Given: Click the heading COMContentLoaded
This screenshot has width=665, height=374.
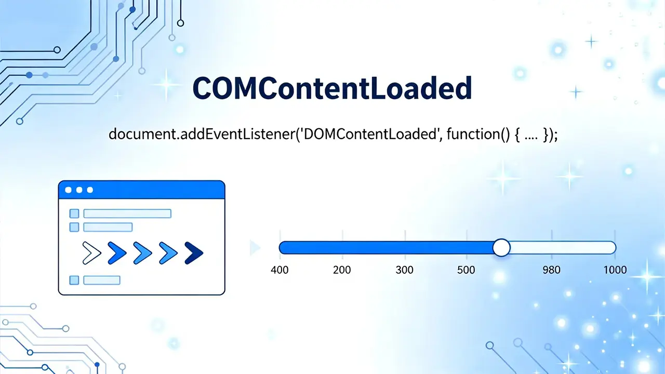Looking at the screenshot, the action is click(332, 88).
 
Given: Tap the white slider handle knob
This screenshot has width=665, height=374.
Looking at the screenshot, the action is click(501, 248).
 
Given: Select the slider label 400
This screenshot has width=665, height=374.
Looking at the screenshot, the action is click(280, 270).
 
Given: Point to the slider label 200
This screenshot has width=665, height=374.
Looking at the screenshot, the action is click(342, 270).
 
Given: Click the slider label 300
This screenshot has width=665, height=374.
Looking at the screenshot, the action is click(404, 270).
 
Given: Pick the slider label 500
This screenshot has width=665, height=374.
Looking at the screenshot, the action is click(466, 270).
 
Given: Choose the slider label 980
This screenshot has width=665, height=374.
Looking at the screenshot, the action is click(552, 270).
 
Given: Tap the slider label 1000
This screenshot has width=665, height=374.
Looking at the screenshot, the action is click(615, 270).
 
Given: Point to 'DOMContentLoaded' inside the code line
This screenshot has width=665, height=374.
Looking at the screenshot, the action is click(369, 134).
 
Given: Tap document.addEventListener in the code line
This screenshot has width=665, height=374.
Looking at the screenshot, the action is click(202, 134).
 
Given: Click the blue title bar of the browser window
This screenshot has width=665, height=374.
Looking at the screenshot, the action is click(142, 190).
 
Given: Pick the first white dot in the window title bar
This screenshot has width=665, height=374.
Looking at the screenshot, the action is click(68, 190).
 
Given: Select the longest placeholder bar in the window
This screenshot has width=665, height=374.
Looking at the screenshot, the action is click(127, 213).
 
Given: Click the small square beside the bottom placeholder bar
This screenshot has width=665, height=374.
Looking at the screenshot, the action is click(74, 280).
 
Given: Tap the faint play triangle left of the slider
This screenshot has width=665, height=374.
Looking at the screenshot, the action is click(255, 248).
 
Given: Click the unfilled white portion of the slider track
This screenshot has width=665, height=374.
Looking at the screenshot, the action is click(563, 248).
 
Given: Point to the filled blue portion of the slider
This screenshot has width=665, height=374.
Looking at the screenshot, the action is click(386, 248).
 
